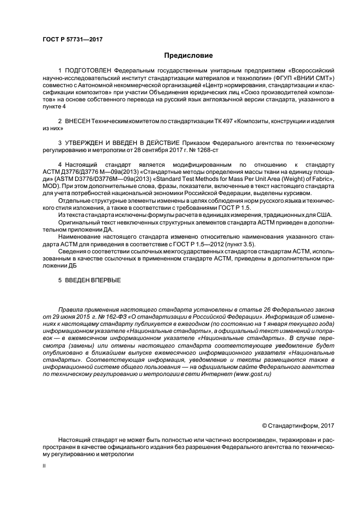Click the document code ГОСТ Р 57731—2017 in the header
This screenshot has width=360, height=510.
(x=72, y=39)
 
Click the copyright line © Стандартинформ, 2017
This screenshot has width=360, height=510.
(x=297, y=425)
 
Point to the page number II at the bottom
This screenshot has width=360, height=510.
(x=45, y=466)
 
